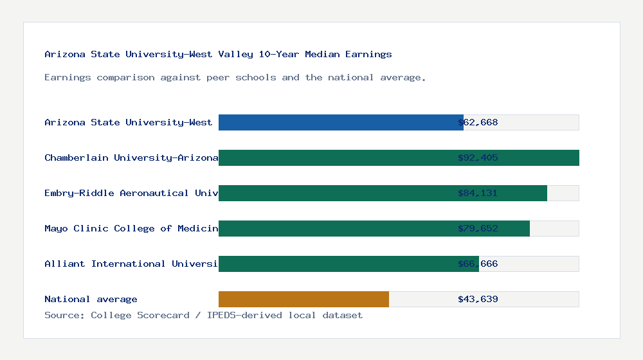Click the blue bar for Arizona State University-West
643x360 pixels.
pos(341,122)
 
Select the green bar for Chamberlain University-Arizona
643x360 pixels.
pos(399,157)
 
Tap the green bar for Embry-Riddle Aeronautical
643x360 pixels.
pos(383,193)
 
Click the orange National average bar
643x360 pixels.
pos(303,299)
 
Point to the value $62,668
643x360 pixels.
pos(478,122)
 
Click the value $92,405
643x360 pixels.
pos(478,157)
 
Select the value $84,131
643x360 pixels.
pos(478,193)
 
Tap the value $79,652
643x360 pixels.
pos(478,228)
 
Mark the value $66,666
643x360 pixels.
pos(478,264)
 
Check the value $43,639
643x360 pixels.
pos(478,299)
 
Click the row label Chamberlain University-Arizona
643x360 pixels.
pos(131,157)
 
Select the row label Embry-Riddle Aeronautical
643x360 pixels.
pos(131,193)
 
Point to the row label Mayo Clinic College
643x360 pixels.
pos(131,228)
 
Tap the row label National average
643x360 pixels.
pos(91,299)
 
